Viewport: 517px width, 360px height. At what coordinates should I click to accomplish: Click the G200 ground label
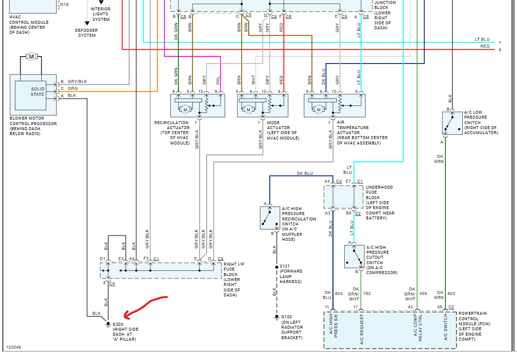pyautogui.click(x=118, y=324)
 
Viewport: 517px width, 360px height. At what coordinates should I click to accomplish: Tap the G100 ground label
pyautogui.click(x=287, y=317)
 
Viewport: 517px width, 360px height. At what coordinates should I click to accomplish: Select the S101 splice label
pyautogui.click(x=285, y=266)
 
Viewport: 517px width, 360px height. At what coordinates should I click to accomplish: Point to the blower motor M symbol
pyautogui.click(x=31, y=57)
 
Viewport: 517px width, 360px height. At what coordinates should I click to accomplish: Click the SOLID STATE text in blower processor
pyautogui.click(x=38, y=92)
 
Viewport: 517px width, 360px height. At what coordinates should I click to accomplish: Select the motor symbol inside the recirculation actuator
pyautogui.click(x=185, y=109)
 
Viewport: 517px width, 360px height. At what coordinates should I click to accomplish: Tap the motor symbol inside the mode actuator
pyautogui.click(x=248, y=109)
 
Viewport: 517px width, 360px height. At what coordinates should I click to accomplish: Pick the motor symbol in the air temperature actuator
pyautogui.click(x=318, y=109)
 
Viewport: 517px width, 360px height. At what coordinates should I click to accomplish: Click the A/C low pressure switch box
pyautogui.click(x=452, y=123)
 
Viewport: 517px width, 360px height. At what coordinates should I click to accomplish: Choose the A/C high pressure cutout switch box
pyautogui.click(x=354, y=257)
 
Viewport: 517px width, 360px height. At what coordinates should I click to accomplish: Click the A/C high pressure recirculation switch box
pyautogui.click(x=270, y=218)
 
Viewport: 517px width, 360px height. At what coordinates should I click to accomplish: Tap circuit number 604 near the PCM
pyautogui.click(x=339, y=293)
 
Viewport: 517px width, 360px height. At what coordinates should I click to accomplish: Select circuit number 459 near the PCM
pyautogui.click(x=423, y=293)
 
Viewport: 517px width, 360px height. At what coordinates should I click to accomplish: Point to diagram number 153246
pyautogui.click(x=13, y=347)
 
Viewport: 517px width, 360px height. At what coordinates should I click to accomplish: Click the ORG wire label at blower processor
pyautogui.click(x=73, y=88)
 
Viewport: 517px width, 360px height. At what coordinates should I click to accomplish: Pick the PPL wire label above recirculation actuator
pyautogui.click(x=218, y=80)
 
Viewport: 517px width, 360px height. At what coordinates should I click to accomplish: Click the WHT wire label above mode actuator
pyautogui.click(x=253, y=79)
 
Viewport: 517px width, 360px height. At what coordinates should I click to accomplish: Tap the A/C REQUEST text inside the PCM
pyautogui.click(x=362, y=329)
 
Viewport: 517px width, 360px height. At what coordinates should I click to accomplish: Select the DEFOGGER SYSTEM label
pyautogui.click(x=86, y=33)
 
